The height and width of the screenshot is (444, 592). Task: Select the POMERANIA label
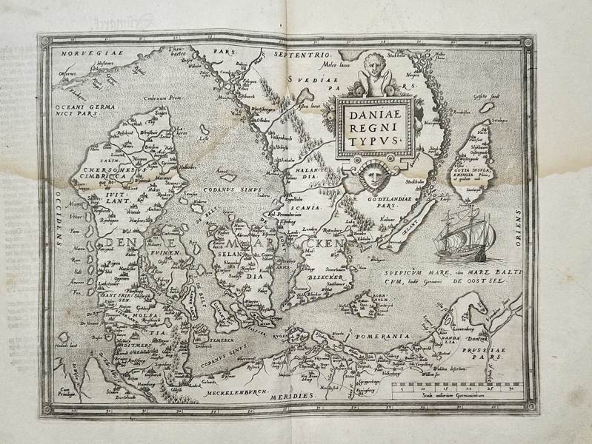point(385,337)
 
